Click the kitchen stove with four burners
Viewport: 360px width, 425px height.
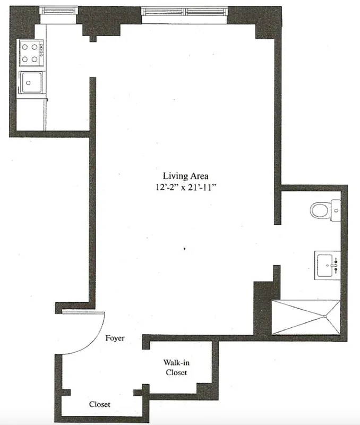coord(31,53)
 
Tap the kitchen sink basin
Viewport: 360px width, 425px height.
coord(31,82)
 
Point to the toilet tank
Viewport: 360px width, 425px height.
coord(335,209)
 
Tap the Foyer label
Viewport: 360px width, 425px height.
coord(115,338)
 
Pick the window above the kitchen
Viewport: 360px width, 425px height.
coord(59,11)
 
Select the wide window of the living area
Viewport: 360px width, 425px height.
coord(185,11)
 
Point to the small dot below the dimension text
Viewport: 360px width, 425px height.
coord(184,248)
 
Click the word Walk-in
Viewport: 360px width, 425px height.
coord(175,362)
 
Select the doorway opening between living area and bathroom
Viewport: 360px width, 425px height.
coord(276,244)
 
